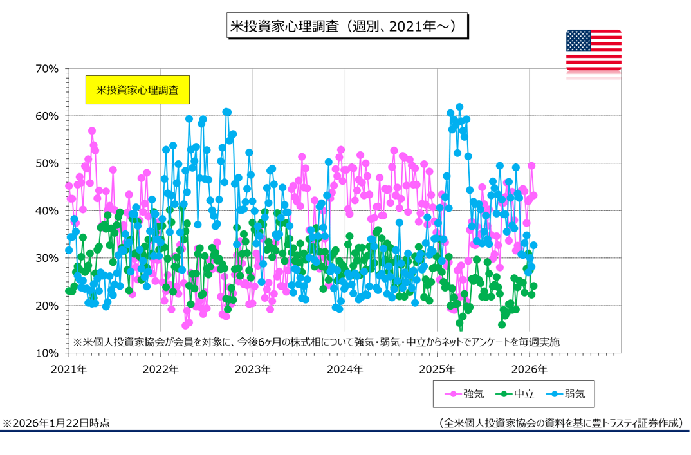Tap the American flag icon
[593, 50]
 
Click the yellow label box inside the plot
[137, 90]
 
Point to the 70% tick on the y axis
[48, 69]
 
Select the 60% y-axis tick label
[48, 116]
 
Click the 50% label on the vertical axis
[48, 163]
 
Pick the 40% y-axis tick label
[48, 211]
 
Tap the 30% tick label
[48, 258]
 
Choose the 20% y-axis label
[48, 306]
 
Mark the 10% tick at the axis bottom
[48, 353]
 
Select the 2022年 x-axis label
[160, 369]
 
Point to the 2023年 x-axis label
[253, 369]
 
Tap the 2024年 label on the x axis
[345, 369]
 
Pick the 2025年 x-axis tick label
[438, 369]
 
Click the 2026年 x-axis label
[530, 369]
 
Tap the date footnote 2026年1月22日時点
[57, 423]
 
